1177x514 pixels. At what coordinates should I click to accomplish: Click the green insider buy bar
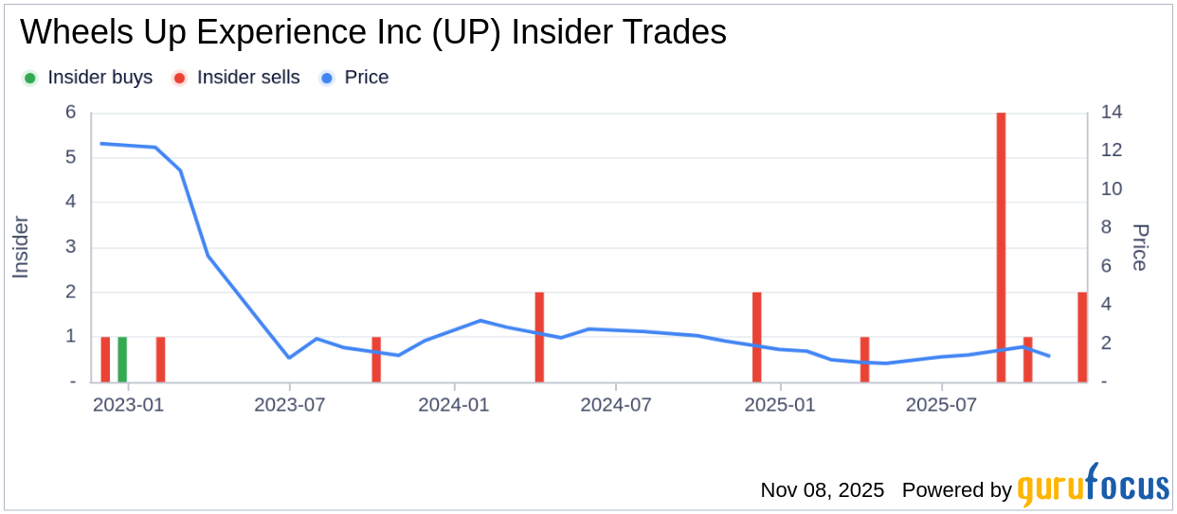(x=122, y=360)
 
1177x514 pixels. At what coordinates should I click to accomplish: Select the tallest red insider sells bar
(x=1001, y=246)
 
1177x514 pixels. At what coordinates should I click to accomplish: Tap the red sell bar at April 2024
(x=539, y=337)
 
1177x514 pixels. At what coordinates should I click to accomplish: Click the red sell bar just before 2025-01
(x=757, y=337)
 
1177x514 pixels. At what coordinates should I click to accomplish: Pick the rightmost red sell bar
(x=1082, y=337)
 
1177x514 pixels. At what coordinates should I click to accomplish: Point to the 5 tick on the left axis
(x=70, y=157)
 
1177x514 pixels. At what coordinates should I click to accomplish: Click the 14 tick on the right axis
(x=1113, y=113)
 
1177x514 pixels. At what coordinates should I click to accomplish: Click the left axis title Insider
(x=21, y=247)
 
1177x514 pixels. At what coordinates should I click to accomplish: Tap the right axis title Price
(x=1140, y=247)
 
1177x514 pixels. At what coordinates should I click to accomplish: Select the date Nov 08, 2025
(x=822, y=490)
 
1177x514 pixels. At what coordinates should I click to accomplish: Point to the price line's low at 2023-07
(x=290, y=358)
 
